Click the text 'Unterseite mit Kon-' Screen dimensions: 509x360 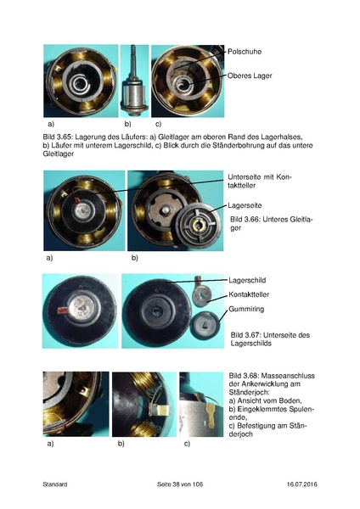tap(258, 177)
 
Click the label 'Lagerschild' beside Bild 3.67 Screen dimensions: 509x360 tap(248, 279)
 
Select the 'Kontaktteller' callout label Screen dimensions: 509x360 tap(250, 294)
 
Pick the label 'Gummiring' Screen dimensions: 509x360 tap(247, 310)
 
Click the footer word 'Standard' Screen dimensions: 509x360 tap(55, 484)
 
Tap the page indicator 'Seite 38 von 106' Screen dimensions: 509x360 tap(180, 484)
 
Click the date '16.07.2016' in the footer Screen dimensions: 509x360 tap(299, 484)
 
